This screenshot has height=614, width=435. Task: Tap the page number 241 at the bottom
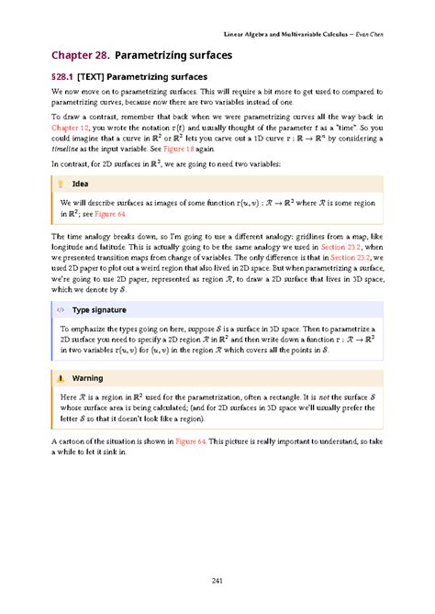(217, 577)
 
